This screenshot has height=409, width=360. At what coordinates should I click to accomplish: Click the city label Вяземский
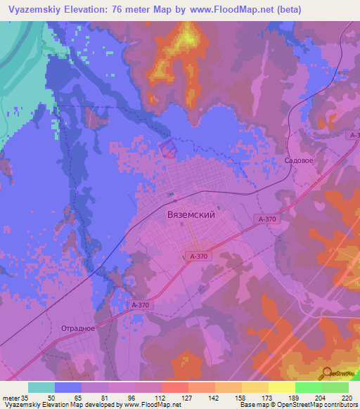pos(191,216)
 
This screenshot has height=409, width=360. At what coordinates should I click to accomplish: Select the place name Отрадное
pos(78,328)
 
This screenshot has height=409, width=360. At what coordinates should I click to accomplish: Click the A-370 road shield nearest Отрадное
pos(140,304)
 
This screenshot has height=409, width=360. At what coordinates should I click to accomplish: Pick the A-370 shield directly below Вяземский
pos(199,257)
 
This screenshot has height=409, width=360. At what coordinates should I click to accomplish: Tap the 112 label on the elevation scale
pos(161,397)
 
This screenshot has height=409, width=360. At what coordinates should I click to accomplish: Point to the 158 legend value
pos(241,397)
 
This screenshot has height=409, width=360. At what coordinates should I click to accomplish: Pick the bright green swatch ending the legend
pos(335,387)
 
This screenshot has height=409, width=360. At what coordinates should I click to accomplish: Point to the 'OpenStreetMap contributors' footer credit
pos(320,405)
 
